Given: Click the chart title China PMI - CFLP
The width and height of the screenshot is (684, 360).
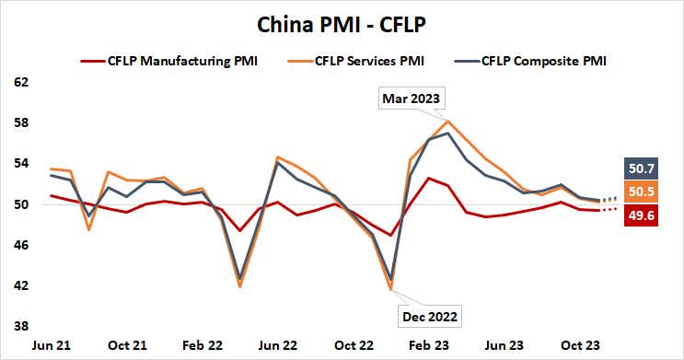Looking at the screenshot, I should (x=342, y=19).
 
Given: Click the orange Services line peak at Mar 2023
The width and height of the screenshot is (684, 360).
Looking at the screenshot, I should (x=447, y=122).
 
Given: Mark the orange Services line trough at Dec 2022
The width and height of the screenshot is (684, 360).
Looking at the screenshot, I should (x=392, y=290).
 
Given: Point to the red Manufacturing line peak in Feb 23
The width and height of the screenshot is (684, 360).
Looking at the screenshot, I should (x=428, y=178).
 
